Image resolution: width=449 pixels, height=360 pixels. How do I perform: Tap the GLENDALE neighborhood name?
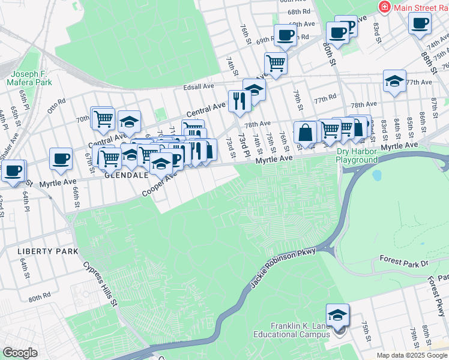tap(127, 176)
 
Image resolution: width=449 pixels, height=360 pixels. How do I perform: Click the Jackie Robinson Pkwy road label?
tap(279, 263)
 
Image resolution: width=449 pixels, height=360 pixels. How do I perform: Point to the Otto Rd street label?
tap(56, 105)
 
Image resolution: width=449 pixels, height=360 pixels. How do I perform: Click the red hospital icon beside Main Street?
tap(384, 7)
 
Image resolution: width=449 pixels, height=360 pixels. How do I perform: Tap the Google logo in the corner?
tap(20, 353)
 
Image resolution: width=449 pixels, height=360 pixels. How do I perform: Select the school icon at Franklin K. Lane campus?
tap(338, 316)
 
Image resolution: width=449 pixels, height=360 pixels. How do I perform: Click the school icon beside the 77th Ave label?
tap(394, 82)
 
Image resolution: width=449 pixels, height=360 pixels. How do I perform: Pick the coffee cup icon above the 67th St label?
tap(61, 159)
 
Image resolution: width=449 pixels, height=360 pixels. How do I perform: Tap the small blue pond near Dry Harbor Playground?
tap(377, 175)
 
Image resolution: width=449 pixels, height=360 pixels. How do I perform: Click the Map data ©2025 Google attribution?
tap(412, 355)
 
